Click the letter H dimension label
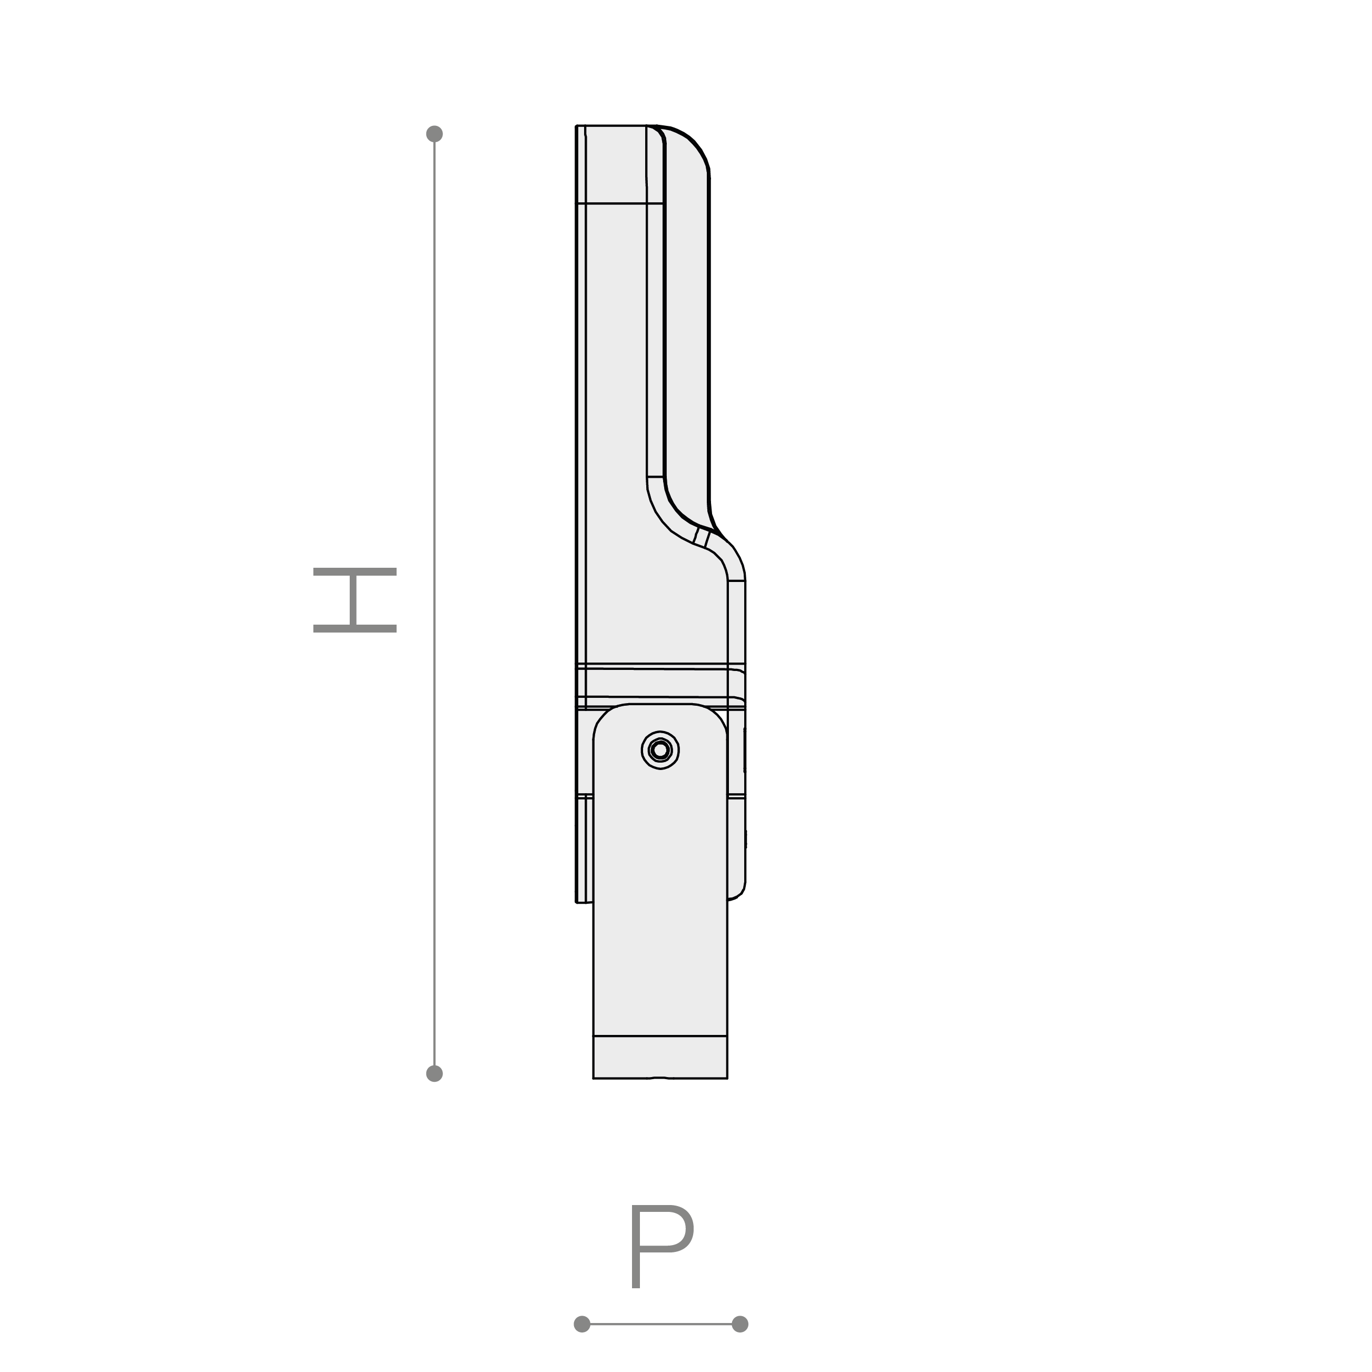[355, 600]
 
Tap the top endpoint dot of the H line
[435, 133]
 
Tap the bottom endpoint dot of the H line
[435, 1074]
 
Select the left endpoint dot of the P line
[581, 1324]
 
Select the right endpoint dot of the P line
[740, 1324]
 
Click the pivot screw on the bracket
[660, 750]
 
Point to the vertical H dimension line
[435, 604]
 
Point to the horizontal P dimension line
[660, 1324]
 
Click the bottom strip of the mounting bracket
[660, 1057]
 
